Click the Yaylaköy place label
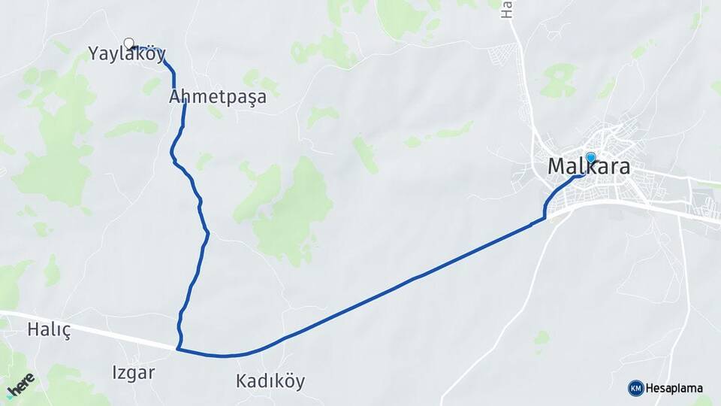tap(126, 54)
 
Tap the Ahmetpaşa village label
tap(218, 97)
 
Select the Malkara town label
tap(589, 167)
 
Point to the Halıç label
tap(48, 329)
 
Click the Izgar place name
tap(134, 372)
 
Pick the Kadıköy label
tap(270, 381)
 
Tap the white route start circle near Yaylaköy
tap(128, 44)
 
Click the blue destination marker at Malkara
tap(590, 158)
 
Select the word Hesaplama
tap(674, 388)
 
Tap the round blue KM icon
tap(635, 388)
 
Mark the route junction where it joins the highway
tap(178, 349)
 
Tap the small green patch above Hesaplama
tap(542, 338)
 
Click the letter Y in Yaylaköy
tap(94, 54)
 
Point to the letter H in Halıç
tap(33, 329)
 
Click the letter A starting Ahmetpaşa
tap(175, 97)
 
